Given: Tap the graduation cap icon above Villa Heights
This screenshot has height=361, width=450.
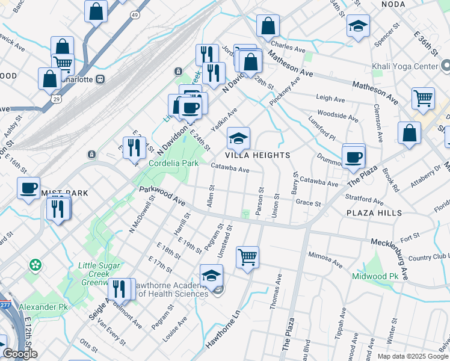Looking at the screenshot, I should (238, 138).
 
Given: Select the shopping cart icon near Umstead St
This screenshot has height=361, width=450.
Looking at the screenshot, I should (247, 258).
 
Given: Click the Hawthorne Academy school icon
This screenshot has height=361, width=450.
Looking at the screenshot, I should (211, 276).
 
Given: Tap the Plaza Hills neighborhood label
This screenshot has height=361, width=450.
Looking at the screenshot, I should (374, 214).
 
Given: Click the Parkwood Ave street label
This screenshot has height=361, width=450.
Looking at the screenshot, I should (162, 197).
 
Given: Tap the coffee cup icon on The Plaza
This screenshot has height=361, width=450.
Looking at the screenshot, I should (353, 156).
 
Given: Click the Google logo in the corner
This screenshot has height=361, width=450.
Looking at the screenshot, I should (20, 354).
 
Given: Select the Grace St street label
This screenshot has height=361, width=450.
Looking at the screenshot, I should (309, 203).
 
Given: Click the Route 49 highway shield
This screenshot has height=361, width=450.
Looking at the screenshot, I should (135, 14).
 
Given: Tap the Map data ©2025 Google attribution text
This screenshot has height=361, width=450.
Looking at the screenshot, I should (412, 356).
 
